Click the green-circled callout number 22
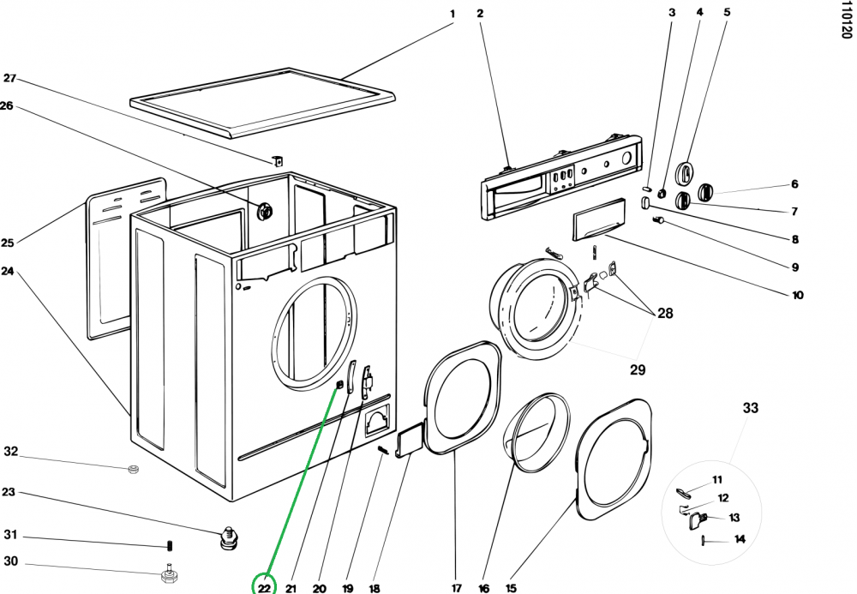(x=264, y=588)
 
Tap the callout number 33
(x=750, y=409)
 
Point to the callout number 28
(x=665, y=314)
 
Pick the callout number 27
(x=9, y=78)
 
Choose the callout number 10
(x=797, y=296)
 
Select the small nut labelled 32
(x=133, y=469)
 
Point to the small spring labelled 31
(x=169, y=545)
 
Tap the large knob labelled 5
(x=685, y=171)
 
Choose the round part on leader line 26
(x=264, y=209)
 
